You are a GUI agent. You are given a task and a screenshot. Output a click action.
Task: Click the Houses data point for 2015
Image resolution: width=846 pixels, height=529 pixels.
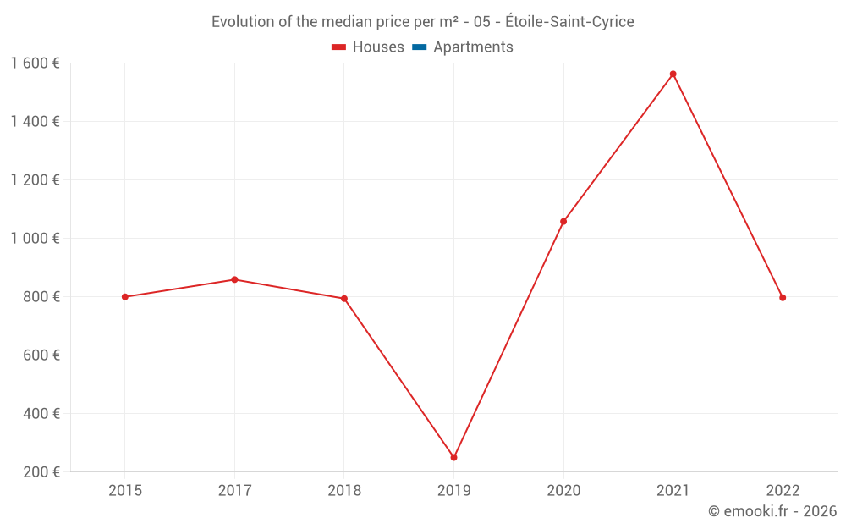tap(125, 297)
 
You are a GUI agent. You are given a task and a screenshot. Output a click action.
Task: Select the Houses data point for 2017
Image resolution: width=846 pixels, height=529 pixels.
tap(234, 279)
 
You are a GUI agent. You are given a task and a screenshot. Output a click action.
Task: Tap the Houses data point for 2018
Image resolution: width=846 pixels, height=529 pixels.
tap(344, 299)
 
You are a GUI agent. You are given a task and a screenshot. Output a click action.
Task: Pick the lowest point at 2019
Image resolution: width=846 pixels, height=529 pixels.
tap(454, 457)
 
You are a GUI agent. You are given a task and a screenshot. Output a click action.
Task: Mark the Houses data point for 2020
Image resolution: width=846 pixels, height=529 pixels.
tap(563, 222)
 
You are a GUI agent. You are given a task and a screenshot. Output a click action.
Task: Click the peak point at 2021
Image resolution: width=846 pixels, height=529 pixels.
tap(673, 74)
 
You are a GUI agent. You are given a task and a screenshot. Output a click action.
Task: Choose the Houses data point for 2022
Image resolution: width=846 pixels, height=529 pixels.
tap(783, 298)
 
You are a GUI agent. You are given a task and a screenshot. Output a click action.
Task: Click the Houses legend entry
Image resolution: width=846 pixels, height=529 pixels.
tap(368, 47)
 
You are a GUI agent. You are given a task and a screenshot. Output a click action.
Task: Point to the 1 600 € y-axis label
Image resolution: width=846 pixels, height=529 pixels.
tap(36, 63)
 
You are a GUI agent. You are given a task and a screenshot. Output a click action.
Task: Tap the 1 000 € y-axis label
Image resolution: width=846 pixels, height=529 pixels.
tap(36, 239)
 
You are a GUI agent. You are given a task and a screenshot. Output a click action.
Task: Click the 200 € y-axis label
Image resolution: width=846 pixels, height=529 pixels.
tap(41, 472)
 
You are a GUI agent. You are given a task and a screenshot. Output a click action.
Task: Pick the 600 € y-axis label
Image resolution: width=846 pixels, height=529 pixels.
tap(41, 355)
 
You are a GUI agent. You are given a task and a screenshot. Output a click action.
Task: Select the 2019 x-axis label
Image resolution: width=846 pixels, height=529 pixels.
tap(454, 491)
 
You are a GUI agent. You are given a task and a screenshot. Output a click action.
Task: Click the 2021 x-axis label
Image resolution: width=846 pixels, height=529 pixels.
tap(673, 491)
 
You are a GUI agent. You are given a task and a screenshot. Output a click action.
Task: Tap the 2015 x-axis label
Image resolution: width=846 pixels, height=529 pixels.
tap(125, 491)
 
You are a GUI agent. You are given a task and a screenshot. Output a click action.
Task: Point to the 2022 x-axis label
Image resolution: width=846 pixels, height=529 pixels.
tap(783, 491)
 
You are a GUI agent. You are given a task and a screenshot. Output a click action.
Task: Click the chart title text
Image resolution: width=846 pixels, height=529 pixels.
tap(423, 22)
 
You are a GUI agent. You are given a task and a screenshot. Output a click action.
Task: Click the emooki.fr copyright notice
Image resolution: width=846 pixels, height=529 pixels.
tap(772, 511)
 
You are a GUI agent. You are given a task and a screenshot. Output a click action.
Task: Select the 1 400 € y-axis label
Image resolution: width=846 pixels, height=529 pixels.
tap(36, 122)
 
